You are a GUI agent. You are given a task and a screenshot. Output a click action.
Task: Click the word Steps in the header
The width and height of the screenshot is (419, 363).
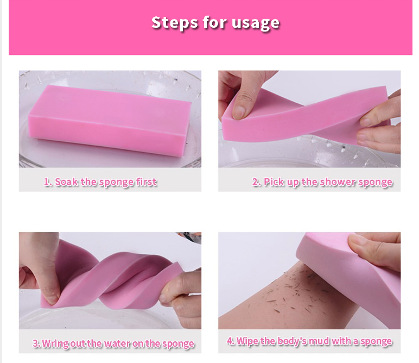pyautogui.click(x=175, y=22)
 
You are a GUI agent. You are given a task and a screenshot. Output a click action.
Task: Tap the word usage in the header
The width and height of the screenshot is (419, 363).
pyautogui.click(x=256, y=23)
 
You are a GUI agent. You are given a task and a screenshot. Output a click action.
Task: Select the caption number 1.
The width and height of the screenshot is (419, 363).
pyautogui.click(x=48, y=182)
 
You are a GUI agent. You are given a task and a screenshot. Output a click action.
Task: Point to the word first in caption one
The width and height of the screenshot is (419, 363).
pyautogui.click(x=146, y=182)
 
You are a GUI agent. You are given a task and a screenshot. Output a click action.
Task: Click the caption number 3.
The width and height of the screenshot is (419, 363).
pyautogui.click(x=36, y=343)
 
